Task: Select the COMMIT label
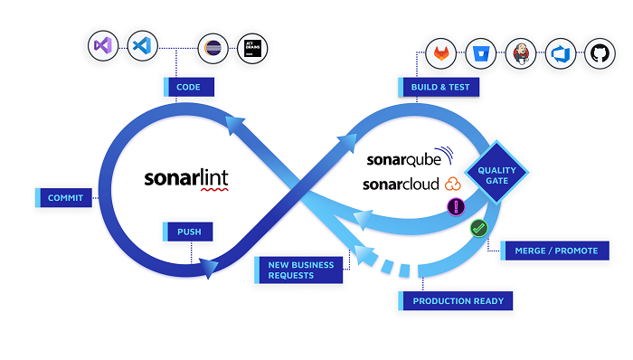coord(65,197)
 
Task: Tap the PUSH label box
coord(190,232)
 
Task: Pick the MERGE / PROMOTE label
coord(553,250)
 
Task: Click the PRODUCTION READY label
coord(457,300)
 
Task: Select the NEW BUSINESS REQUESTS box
coord(300,270)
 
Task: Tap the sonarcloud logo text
coord(402,184)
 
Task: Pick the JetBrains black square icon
coord(251,48)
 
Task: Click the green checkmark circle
coord(479,230)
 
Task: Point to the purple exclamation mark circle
coord(457,207)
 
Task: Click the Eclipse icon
coord(213,48)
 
